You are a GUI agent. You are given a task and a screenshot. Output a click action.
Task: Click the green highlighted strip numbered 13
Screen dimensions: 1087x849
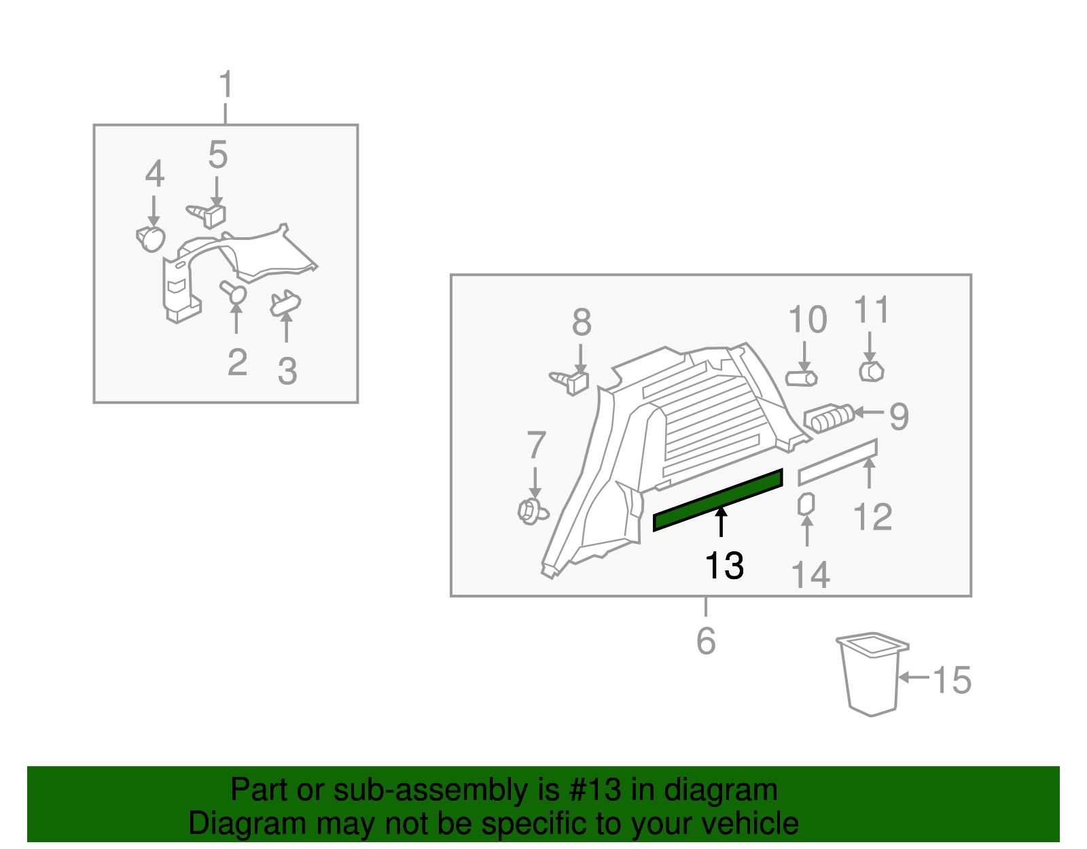[x=718, y=500]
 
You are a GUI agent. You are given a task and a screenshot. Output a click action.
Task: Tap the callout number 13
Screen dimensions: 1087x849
[x=724, y=566]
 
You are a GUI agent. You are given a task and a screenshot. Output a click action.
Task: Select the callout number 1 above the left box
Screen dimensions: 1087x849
[x=226, y=84]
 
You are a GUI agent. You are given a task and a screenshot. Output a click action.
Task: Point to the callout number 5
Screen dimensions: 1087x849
[x=218, y=154]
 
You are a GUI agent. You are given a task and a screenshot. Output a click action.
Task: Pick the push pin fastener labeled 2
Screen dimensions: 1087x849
[x=234, y=291]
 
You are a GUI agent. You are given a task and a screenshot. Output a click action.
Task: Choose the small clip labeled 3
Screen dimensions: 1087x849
[x=285, y=303]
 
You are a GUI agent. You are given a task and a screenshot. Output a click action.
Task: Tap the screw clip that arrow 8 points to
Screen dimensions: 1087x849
[x=570, y=383]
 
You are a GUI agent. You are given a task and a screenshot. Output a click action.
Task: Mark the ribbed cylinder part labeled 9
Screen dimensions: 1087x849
[x=829, y=418]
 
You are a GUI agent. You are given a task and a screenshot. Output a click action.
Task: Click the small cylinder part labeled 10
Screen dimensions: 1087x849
[x=802, y=378]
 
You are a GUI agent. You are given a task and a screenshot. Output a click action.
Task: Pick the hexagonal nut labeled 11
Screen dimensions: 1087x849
[x=872, y=372]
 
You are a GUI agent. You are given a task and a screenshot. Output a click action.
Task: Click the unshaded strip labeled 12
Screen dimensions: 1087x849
[x=838, y=462]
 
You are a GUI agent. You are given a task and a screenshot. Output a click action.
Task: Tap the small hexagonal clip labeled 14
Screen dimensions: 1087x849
[x=806, y=504]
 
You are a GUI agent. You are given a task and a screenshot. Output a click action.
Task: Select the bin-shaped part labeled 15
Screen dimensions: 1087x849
[x=872, y=674]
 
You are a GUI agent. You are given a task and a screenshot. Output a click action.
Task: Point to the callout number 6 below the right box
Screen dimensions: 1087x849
[x=706, y=641]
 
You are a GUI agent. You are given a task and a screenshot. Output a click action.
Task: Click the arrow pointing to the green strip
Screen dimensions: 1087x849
[x=721, y=522]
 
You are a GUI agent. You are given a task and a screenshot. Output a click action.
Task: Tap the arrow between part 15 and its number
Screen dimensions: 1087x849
[x=914, y=677]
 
